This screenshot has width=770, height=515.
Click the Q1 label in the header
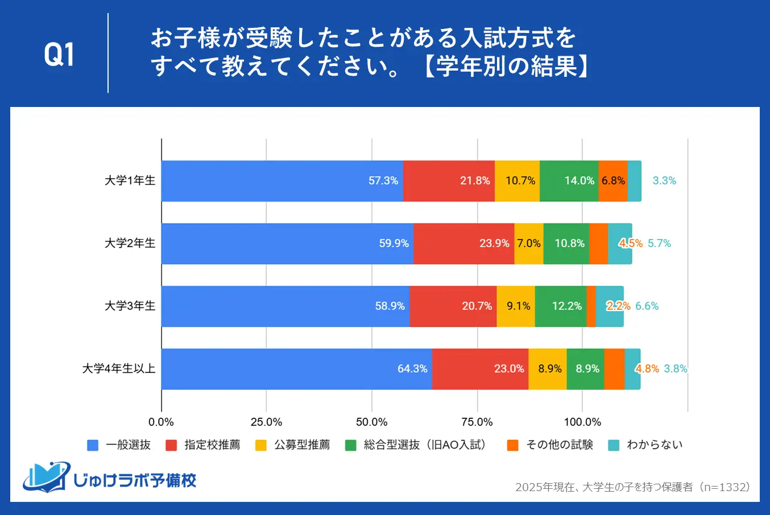pyautogui.click(x=59, y=55)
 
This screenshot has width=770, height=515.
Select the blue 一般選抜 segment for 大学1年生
pyautogui.click(x=282, y=181)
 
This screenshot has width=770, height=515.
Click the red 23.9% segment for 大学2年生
pyautogui.click(x=463, y=244)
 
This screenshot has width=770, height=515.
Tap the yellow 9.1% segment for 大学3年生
pyautogui.click(x=515, y=306)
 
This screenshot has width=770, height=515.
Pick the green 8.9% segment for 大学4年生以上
pyautogui.click(x=585, y=369)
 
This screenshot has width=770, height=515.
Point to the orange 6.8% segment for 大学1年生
pyautogui.click(x=612, y=181)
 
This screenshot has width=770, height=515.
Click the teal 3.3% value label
pyautogui.click(x=664, y=181)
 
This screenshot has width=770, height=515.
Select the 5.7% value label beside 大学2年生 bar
pyautogui.click(x=659, y=244)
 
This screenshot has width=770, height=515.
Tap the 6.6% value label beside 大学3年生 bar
pyautogui.click(x=647, y=306)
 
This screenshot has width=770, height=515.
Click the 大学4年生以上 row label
pyautogui.click(x=119, y=369)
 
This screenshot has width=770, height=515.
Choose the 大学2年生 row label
pyautogui.click(x=130, y=244)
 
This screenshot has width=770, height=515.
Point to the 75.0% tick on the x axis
pyautogui.click(x=477, y=422)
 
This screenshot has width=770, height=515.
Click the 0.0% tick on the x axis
pyautogui.click(x=161, y=422)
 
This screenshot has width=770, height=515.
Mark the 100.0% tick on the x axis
pyautogui.click(x=582, y=422)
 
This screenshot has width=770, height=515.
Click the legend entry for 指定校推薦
pyautogui.click(x=212, y=445)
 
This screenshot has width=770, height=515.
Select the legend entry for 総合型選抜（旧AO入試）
pyautogui.click(x=425, y=445)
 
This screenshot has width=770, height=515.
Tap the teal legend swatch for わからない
pyautogui.click(x=614, y=446)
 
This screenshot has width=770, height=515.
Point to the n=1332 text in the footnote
pyautogui.click(x=726, y=487)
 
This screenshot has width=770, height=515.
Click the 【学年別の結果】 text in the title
pyautogui.click(x=506, y=67)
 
